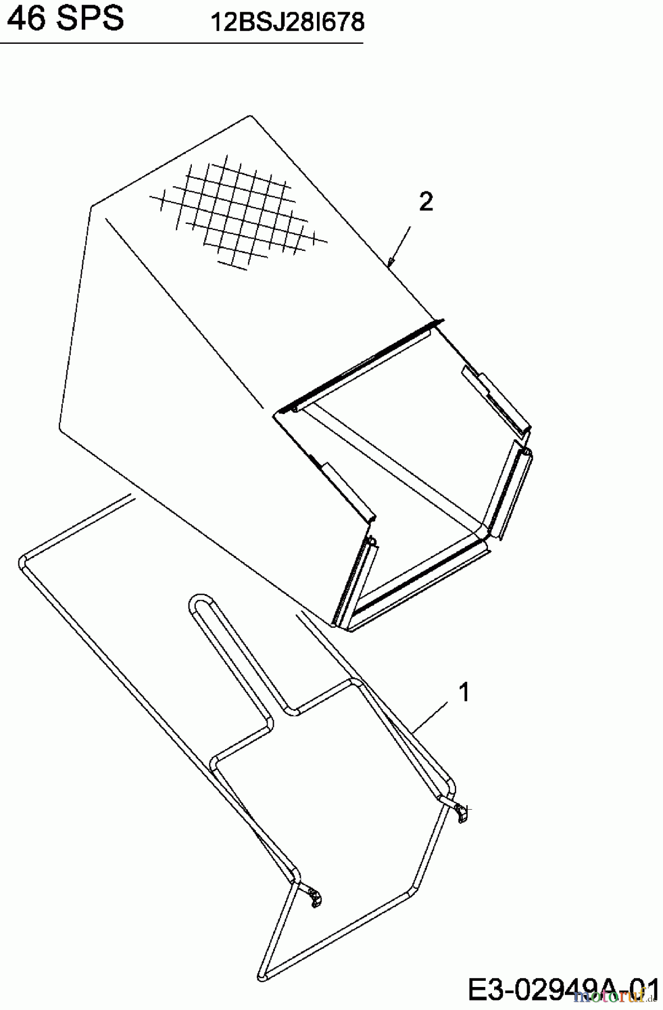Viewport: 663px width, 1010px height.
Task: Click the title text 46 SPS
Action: [x=66, y=18]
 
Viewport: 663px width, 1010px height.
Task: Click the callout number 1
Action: [x=464, y=692]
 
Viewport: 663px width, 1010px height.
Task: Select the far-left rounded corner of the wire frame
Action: [x=22, y=561]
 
